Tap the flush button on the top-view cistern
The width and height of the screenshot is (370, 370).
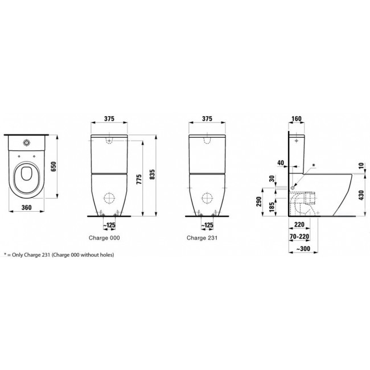(27, 142)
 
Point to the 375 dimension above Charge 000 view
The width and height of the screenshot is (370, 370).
(110, 119)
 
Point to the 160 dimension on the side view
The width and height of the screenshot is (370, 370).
(295, 119)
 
